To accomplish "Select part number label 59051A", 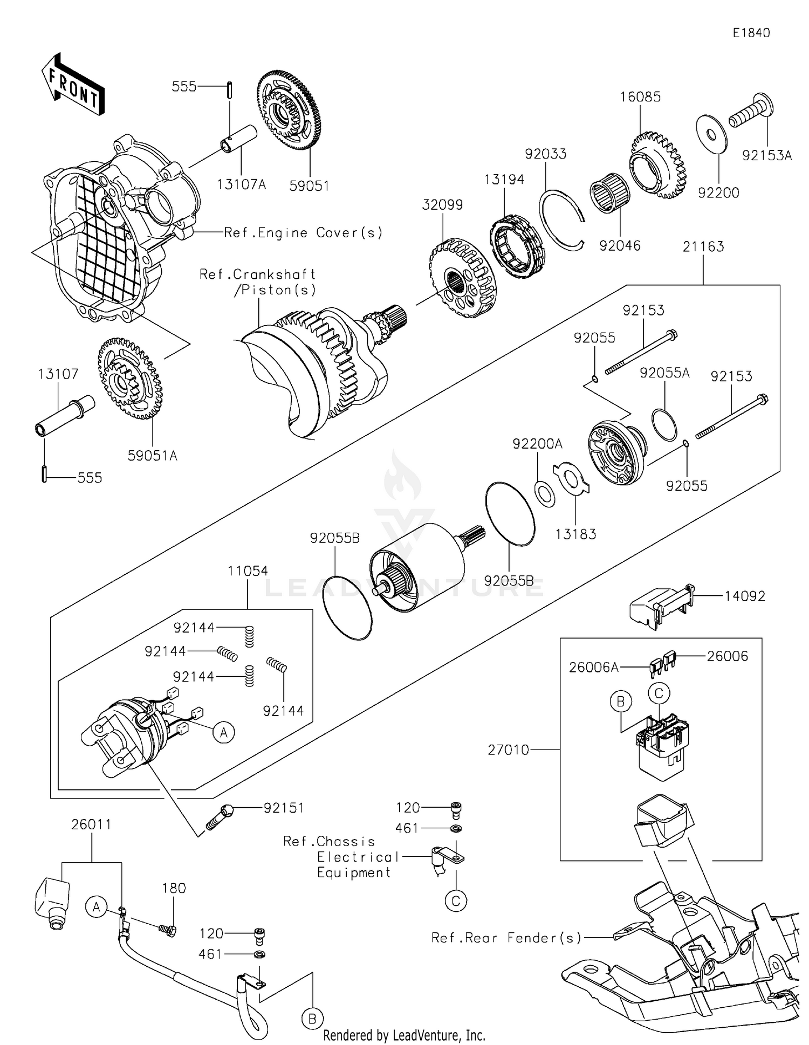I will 152,456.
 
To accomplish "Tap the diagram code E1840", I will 751,33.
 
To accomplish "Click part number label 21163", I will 703,247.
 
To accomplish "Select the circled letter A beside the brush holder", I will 223,732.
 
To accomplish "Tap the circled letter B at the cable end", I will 312,1019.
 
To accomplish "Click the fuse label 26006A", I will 593,668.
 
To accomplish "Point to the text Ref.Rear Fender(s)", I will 506,938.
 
